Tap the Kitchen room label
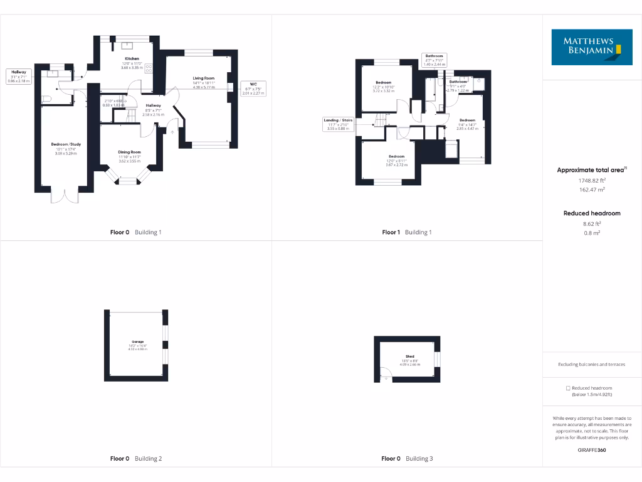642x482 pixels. point(132,58)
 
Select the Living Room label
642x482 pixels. point(204,78)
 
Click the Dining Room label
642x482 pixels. point(130,152)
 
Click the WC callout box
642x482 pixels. point(253,88)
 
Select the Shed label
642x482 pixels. point(410,356)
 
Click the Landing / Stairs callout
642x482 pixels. point(338,124)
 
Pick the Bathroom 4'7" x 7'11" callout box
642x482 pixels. point(434,60)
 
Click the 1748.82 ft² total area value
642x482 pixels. point(592,181)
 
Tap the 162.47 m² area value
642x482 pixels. point(592,189)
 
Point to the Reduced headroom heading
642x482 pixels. point(592,213)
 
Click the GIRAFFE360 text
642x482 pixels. point(592,450)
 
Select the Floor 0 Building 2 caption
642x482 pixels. point(136,459)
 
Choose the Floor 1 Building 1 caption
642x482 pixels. point(407,232)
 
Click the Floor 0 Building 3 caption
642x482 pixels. point(407,459)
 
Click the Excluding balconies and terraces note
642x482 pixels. point(592,365)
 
